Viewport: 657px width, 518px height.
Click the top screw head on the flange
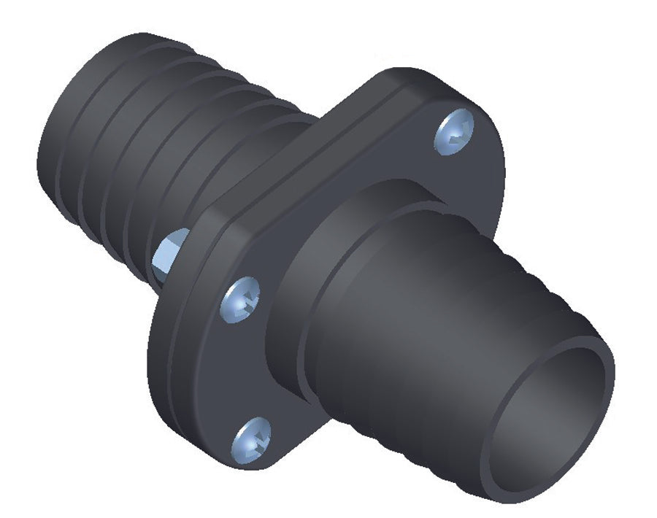click(x=456, y=131)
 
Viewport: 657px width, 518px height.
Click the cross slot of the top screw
click(x=454, y=133)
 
